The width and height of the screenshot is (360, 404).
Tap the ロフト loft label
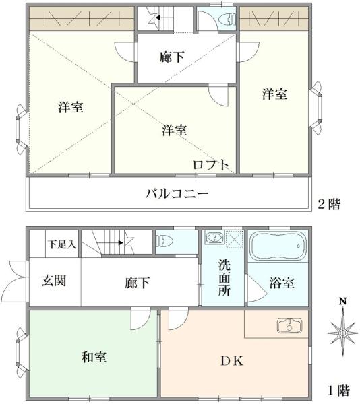(211, 164)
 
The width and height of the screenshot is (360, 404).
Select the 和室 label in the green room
(94, 356)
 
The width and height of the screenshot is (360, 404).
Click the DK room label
(231, 360)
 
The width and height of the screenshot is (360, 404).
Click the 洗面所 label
(223, 278)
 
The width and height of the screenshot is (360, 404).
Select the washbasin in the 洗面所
(214, 239)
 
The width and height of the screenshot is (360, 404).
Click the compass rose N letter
(342, 301)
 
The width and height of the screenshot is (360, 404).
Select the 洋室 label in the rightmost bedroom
(274, 95)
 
